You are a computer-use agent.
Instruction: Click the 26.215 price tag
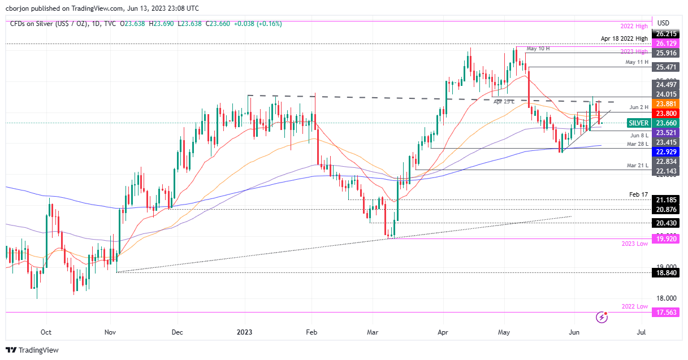[x=665, y=33]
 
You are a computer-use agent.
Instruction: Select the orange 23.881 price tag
[x=665, y=104]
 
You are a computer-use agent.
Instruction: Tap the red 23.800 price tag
[x=665, y=113]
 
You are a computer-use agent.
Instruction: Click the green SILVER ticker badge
[x=639, y=123]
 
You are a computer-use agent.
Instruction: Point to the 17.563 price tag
[x=665, y=312]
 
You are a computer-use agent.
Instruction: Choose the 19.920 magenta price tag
[x=665, y=239]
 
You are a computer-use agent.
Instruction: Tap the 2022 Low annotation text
[x=634, y=306]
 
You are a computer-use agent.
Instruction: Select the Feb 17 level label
[x=638, y=194]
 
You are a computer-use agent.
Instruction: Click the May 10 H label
[x=538, y=49]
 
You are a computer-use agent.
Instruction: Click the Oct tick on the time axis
[x=46, y=332]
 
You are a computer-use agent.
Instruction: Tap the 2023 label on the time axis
[x=244, y=332]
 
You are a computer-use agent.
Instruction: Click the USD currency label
[x=663, y=23]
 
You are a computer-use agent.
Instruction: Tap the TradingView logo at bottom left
[x=32, y=350]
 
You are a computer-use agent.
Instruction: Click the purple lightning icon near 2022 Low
[x=602, y=318]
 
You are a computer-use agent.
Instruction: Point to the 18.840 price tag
[x=665, y=272]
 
